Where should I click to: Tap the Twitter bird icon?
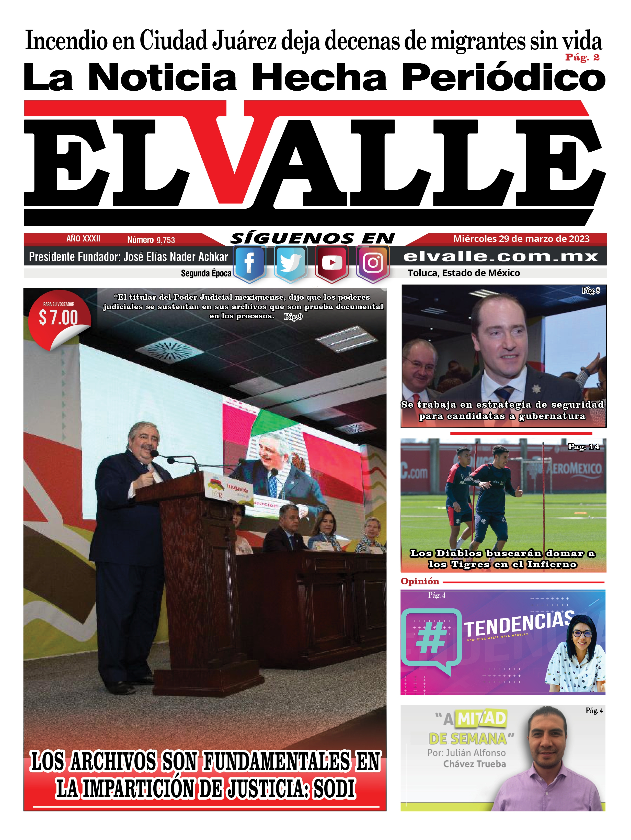point(290,263)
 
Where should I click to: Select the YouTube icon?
point(331,263)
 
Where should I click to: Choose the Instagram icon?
point(373,263)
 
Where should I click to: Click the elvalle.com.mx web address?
point(501,257)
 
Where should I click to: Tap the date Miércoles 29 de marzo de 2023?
point(521,239)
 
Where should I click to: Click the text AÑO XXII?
point(83,239)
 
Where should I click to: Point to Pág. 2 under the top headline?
point(582,57)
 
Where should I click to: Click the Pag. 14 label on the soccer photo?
point(583,447)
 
